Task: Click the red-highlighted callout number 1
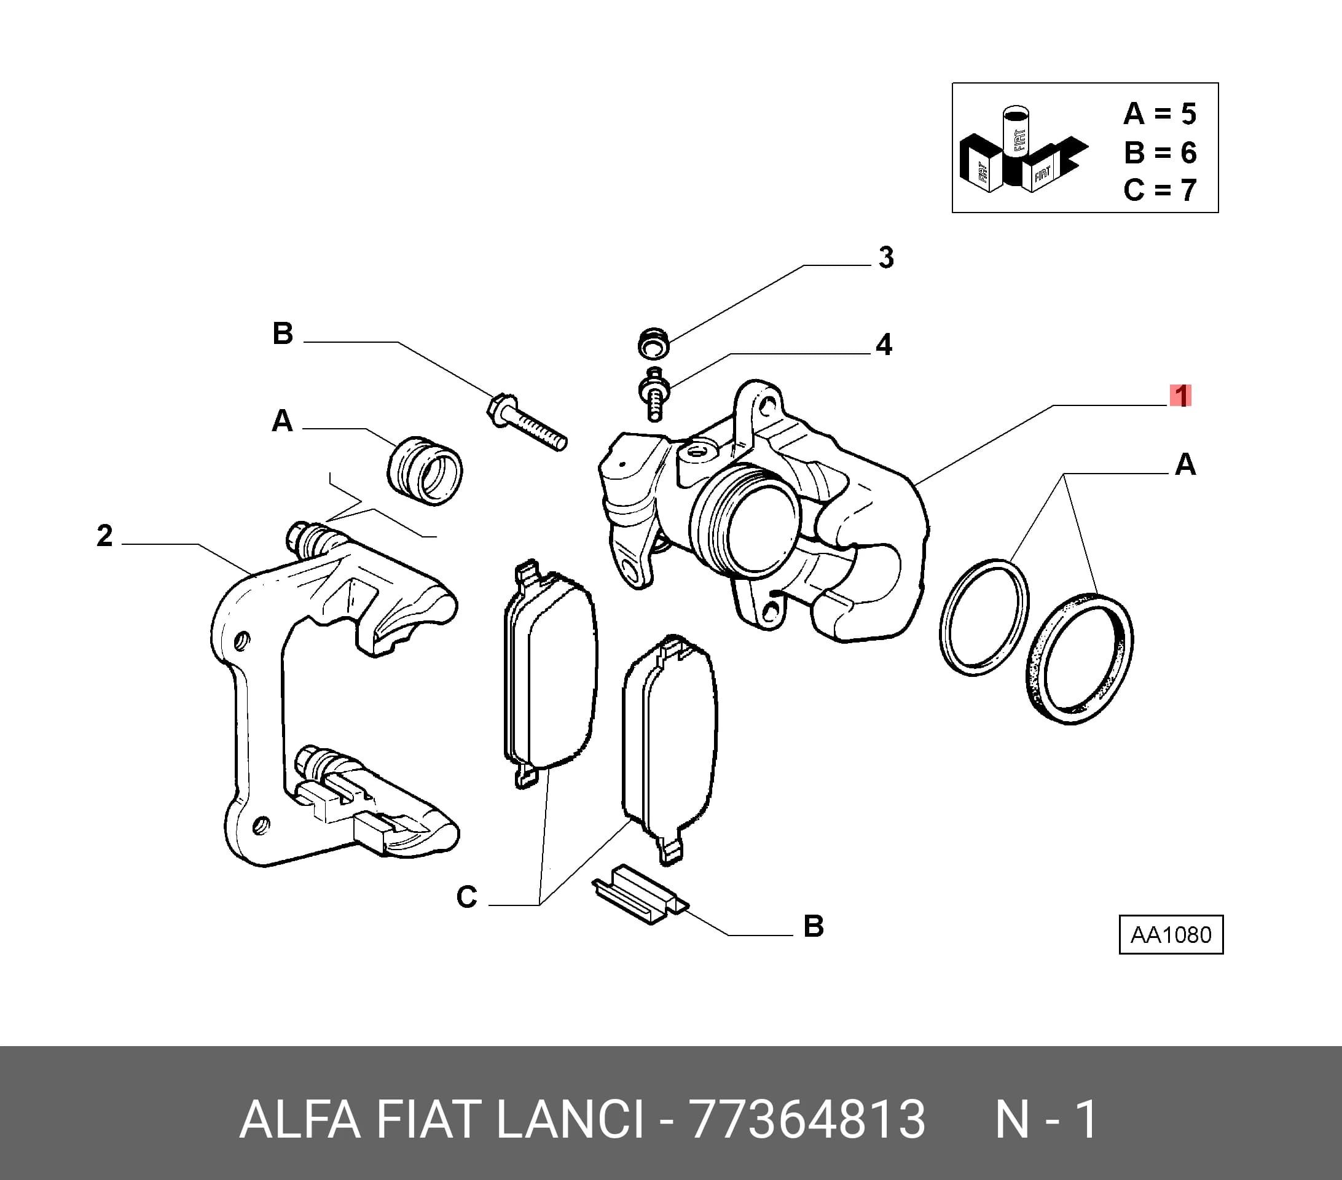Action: click(1180, 396)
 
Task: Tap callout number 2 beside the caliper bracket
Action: click(104, 536)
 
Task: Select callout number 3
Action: click(886, 258)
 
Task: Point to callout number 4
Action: click(884, 345)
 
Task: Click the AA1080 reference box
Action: click(1171, 934)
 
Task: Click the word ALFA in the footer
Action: click(300, 1120)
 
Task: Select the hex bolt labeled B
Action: click(527, 421)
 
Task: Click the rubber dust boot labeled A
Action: click(425, 470)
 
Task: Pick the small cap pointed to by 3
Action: click(653, 343)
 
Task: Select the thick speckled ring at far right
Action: click(1080, 658)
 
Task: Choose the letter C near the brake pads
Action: click(466, 897)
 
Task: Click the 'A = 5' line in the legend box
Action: click(1160, 114)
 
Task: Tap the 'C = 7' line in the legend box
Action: click(1160, 190)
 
